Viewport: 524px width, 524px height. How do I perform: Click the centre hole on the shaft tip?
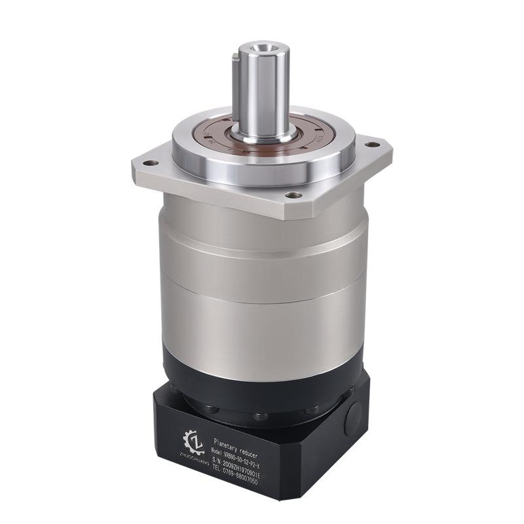(263, 47)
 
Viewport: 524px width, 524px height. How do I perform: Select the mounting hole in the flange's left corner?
(150, 163)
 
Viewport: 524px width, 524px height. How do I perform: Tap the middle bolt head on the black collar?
(261, 417)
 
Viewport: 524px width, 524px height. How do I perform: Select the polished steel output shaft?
(264, 92)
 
